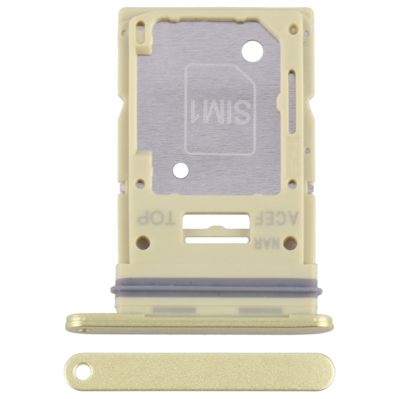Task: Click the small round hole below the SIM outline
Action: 181,171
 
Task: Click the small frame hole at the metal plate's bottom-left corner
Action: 140,186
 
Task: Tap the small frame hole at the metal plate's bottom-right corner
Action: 292,184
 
